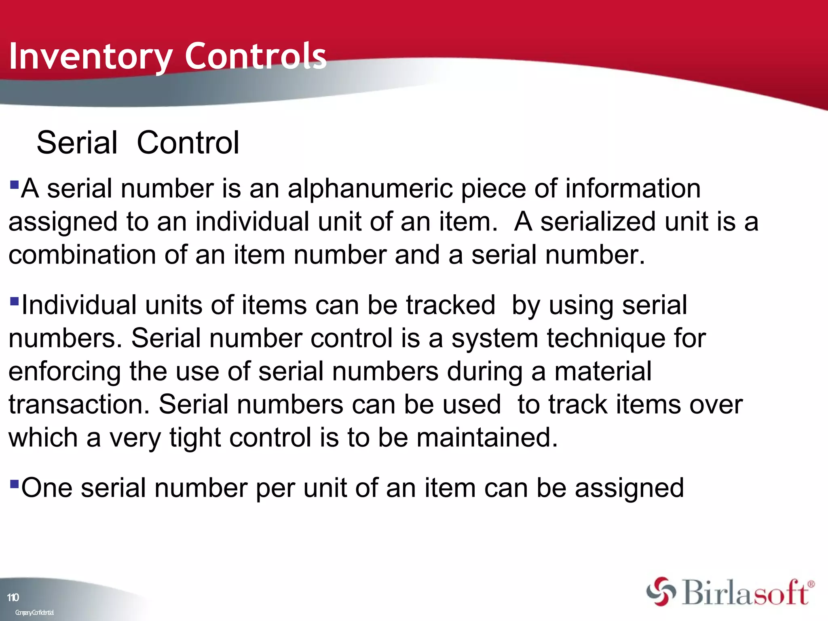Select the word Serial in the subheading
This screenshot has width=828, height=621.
coord(77,143)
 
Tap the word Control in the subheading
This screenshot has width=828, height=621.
coord(188,143)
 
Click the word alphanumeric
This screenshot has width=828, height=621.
coord(370,189)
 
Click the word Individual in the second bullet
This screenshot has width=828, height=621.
coord(79,305)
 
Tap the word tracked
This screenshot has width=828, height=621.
coord(450,305)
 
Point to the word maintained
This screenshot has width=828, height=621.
coord(487,438)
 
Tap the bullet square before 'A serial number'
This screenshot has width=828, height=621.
coord(14,185)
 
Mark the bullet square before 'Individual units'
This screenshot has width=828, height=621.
coord(14,301)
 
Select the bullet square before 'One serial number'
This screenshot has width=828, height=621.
coord(14,484)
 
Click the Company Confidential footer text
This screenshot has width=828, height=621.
coord(34,613)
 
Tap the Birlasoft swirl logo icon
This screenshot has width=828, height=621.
coord(661,591)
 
